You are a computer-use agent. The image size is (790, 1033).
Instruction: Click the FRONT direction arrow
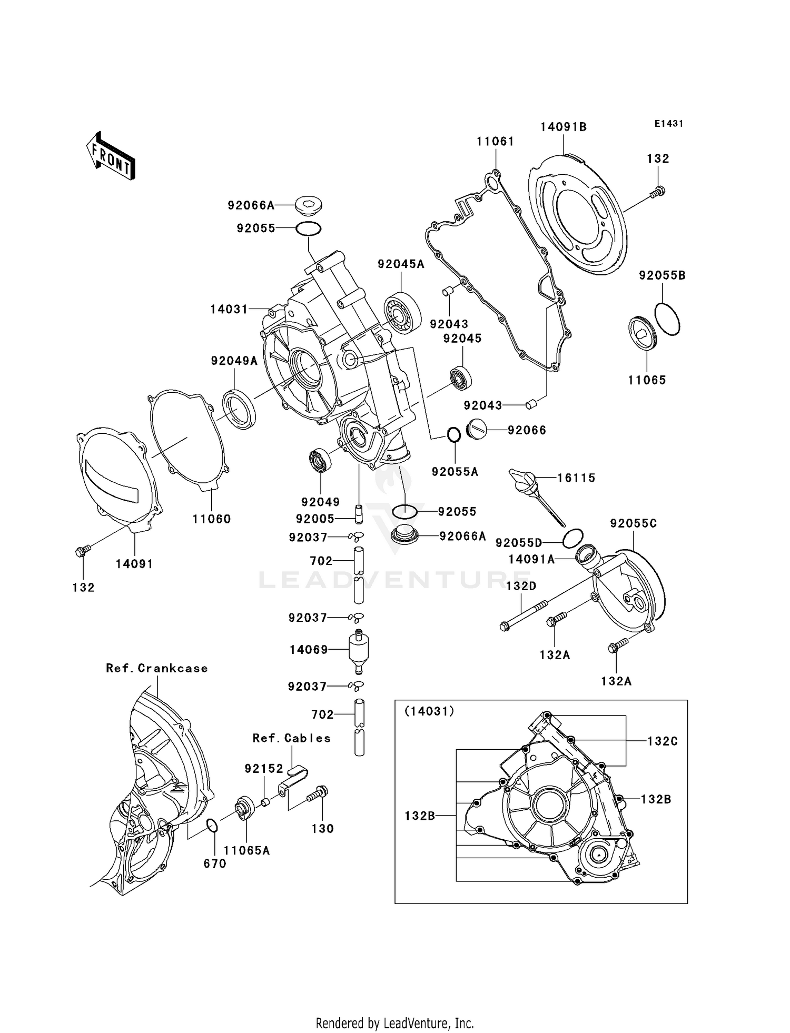111,156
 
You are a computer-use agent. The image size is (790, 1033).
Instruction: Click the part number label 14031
229,309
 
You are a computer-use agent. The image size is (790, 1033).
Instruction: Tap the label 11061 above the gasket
495,142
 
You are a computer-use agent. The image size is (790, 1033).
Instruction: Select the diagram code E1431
668,124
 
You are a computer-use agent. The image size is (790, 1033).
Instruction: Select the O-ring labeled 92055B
667,319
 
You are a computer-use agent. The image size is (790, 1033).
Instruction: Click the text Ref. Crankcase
157,668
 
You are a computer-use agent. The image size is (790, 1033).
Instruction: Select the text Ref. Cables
291,738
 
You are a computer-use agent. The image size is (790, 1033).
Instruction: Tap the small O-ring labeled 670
212,825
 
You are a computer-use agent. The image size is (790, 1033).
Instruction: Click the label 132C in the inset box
662,741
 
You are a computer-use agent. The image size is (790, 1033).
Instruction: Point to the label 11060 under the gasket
211,519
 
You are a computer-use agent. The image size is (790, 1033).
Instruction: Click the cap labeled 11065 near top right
643,333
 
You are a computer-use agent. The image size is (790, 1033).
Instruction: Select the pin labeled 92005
359,513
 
